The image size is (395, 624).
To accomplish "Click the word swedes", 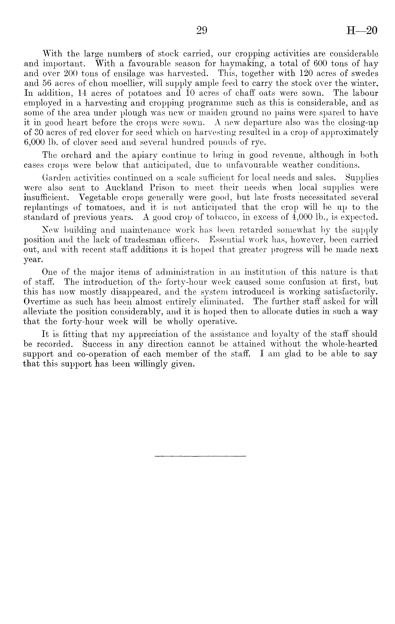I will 365,74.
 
